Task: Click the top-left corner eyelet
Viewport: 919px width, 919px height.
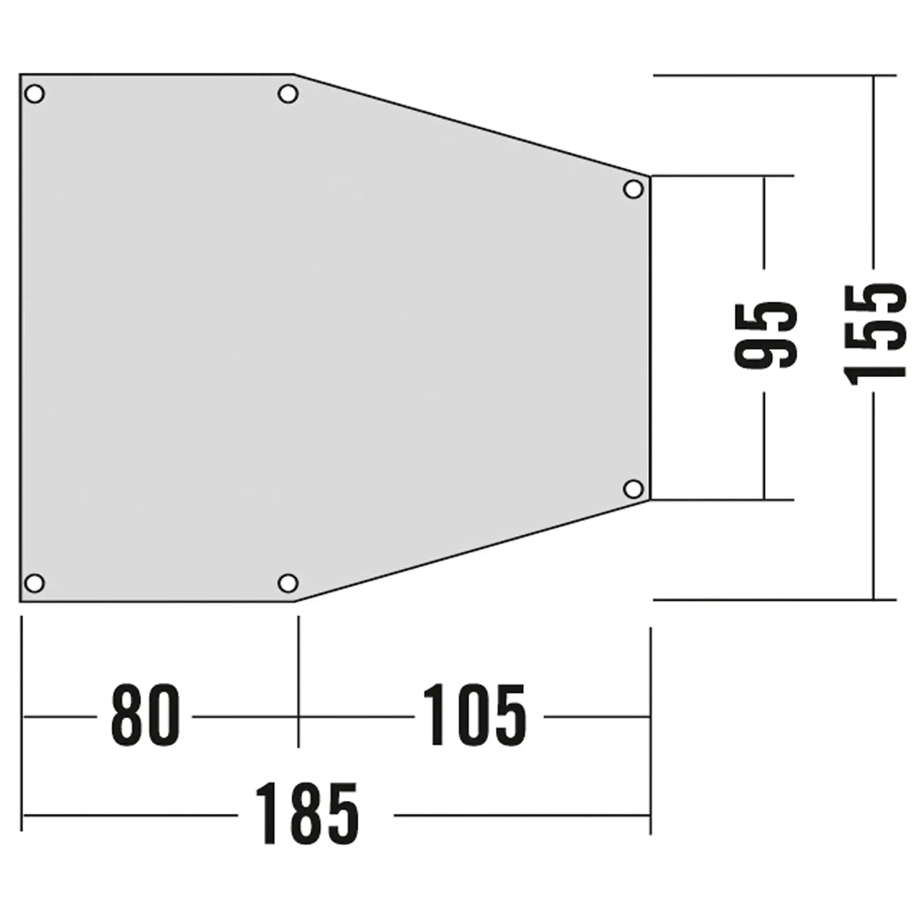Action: click(34, 94)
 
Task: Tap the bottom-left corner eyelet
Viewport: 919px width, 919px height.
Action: click(34, 583)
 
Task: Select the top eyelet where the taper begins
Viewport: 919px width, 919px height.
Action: click(288, 94)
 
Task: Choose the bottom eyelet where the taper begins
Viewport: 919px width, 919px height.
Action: click(288, 583)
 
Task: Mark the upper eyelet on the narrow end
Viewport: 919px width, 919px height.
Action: click(633, 189)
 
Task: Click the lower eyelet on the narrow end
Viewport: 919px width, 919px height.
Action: click(633, 489)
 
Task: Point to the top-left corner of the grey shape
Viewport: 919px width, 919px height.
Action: click(21, 75)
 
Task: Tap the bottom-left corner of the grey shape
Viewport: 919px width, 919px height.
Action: click(21, 600)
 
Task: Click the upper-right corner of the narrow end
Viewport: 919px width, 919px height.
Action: click(649, 176)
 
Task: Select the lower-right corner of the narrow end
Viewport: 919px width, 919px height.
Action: click(649, 500)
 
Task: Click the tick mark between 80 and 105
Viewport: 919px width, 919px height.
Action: click(298, 716)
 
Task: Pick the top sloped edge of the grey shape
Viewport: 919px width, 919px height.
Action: click(471, 125)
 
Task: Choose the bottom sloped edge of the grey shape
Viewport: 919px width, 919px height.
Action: click(471, 551)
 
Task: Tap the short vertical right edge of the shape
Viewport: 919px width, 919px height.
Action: click(649, 337)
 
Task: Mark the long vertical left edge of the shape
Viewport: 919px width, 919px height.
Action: click(21, 337)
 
